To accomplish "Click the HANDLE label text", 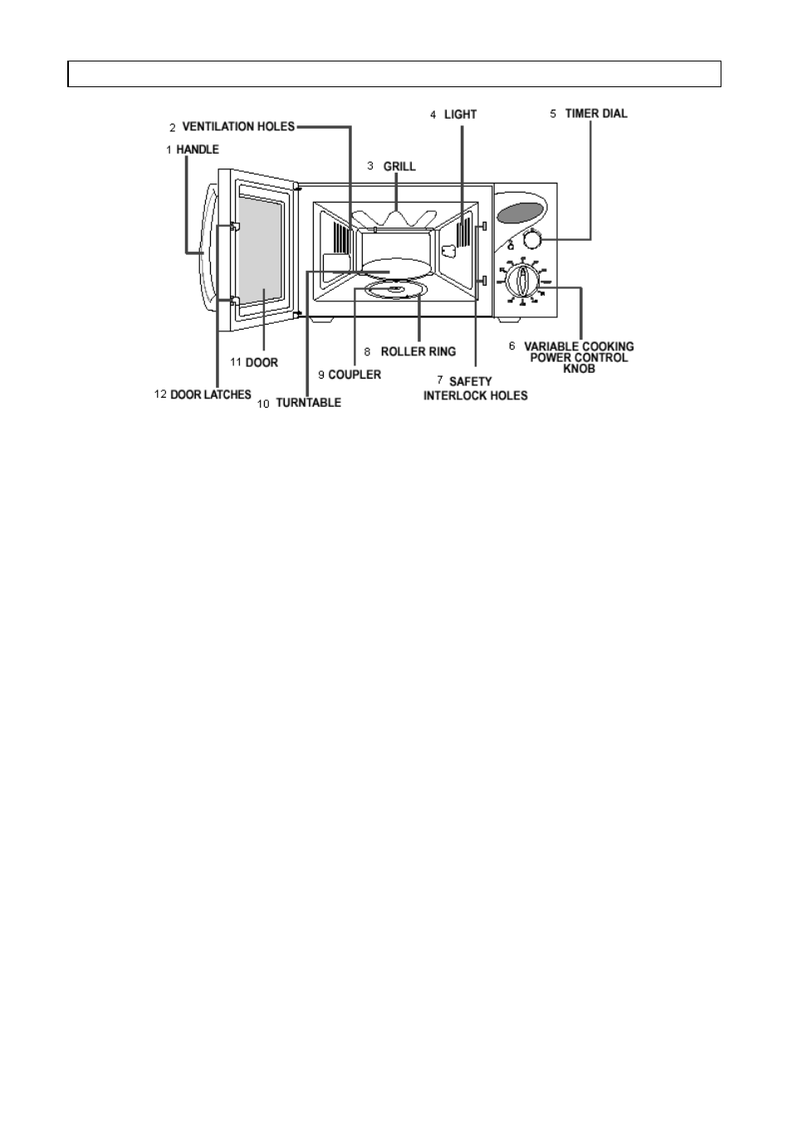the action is tap(198, 149).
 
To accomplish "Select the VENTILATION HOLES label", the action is tap(238, 126).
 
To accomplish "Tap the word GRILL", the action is tap(399, 166).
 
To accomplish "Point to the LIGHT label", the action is tap(460, 115).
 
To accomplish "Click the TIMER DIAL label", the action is tap(596, 114).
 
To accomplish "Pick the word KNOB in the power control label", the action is tap(579, 369).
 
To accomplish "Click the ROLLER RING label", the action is tap(418, 352).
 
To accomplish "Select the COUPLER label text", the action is tap(354, 374).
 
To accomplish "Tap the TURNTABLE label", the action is tap(308, 403).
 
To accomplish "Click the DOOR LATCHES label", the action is tap(211, 395).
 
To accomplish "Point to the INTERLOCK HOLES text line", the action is tap(476, 396).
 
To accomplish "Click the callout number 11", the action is tap(236, 362).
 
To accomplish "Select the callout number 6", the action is tap(512, 345).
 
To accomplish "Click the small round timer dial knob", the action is tap(532, 240).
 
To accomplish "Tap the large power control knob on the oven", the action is tap(522, 281).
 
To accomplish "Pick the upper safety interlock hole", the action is tap(483, 227).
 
